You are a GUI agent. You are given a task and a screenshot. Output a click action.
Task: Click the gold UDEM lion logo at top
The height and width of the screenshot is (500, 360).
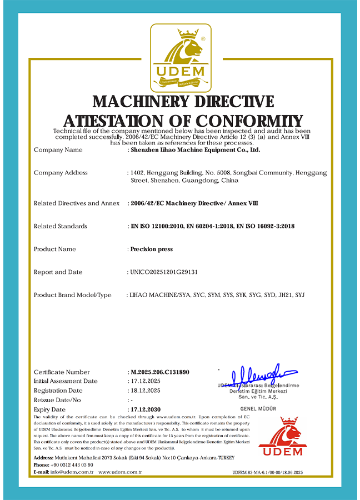181,57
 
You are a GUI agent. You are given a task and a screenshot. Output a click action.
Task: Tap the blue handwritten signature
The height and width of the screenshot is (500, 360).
258,375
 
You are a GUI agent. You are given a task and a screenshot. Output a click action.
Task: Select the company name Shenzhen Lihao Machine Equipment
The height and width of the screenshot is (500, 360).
194,149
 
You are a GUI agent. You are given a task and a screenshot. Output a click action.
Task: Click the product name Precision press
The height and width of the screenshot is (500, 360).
151,249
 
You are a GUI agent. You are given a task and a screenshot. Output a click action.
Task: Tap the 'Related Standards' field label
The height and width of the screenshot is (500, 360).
61,226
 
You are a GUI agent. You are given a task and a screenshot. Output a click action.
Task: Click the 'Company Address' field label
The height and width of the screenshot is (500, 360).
61,173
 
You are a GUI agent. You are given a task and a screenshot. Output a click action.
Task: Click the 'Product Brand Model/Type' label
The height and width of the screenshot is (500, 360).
73,295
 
